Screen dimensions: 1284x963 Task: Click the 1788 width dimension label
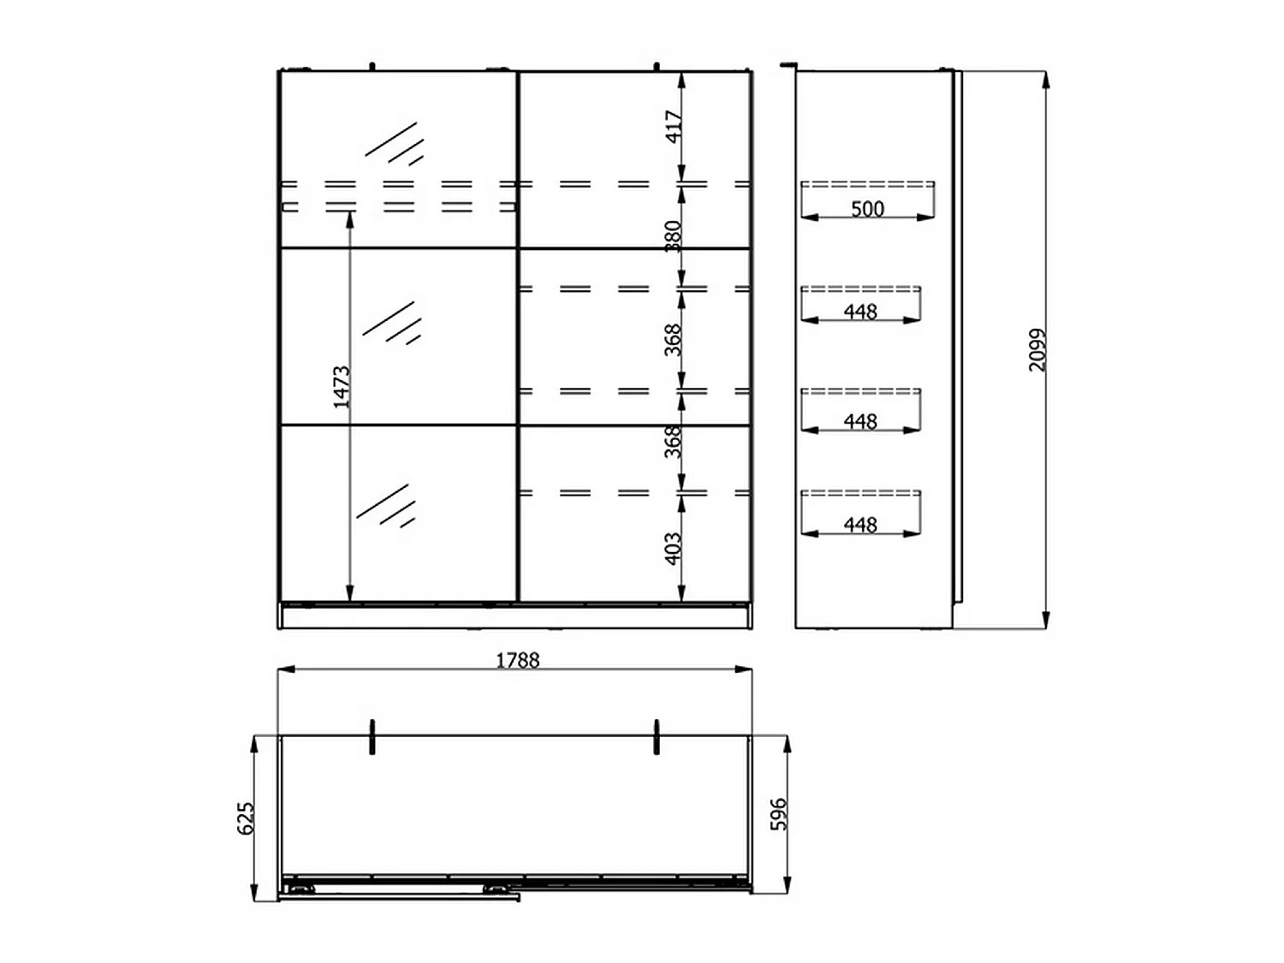coord(517,661)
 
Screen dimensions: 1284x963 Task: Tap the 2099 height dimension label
coord(1037,349)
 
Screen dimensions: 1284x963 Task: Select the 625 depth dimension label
coord(246,818)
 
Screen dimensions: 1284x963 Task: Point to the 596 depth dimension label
coord(779,814)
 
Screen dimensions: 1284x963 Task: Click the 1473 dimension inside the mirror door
coord(341,387)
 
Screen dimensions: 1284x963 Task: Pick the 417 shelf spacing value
coord(674,127)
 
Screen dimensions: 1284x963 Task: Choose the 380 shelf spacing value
coord(674,236)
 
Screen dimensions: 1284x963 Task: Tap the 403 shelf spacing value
coord(674,549)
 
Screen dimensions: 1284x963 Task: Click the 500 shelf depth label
coord(867,209)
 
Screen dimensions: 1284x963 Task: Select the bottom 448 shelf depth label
coord(860,525)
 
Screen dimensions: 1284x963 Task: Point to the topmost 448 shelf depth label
coord(860,312)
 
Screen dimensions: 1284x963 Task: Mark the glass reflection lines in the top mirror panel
coord(395,143)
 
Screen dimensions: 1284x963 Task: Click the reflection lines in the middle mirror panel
coord(391,323)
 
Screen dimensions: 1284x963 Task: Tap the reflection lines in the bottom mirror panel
coord(386,505)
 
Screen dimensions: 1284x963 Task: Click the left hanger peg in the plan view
coord(372,737)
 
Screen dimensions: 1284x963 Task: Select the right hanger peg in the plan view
coord(657,737)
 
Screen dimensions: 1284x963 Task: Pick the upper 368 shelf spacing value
coord(674,340)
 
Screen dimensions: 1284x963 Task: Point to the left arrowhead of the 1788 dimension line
coord(286,669)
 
